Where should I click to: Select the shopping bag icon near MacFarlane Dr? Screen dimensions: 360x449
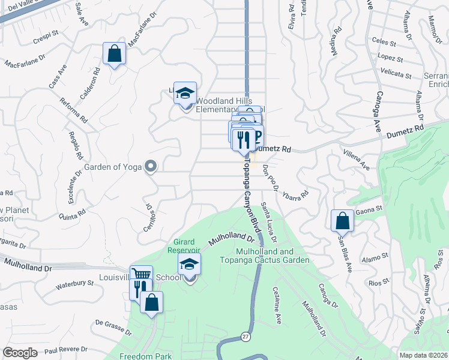[114, 53]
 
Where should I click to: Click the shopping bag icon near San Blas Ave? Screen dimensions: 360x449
[342, 220]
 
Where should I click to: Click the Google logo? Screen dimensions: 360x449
[20, 353]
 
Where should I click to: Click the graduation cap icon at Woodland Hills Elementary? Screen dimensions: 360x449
[185, 93]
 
